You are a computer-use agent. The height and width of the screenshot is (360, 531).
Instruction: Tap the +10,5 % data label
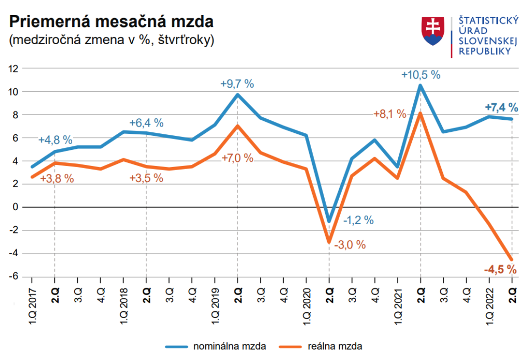click(x=421, y=75)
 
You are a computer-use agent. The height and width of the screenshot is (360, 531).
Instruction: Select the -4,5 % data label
click(x=500, y=269)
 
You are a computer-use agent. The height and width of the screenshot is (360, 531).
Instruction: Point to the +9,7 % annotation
click(x=237, y=84)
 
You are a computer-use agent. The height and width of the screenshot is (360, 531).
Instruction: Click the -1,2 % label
click(x=358, y=220)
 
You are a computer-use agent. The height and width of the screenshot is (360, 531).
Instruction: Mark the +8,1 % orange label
click(x=390, y=114)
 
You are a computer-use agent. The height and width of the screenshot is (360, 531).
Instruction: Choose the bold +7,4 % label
click(x=501, y=107)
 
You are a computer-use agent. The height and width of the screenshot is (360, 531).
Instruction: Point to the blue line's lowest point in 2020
click(x=329, y=221)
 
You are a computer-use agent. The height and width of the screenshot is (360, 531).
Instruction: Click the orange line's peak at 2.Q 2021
click(x=421, y=114)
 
